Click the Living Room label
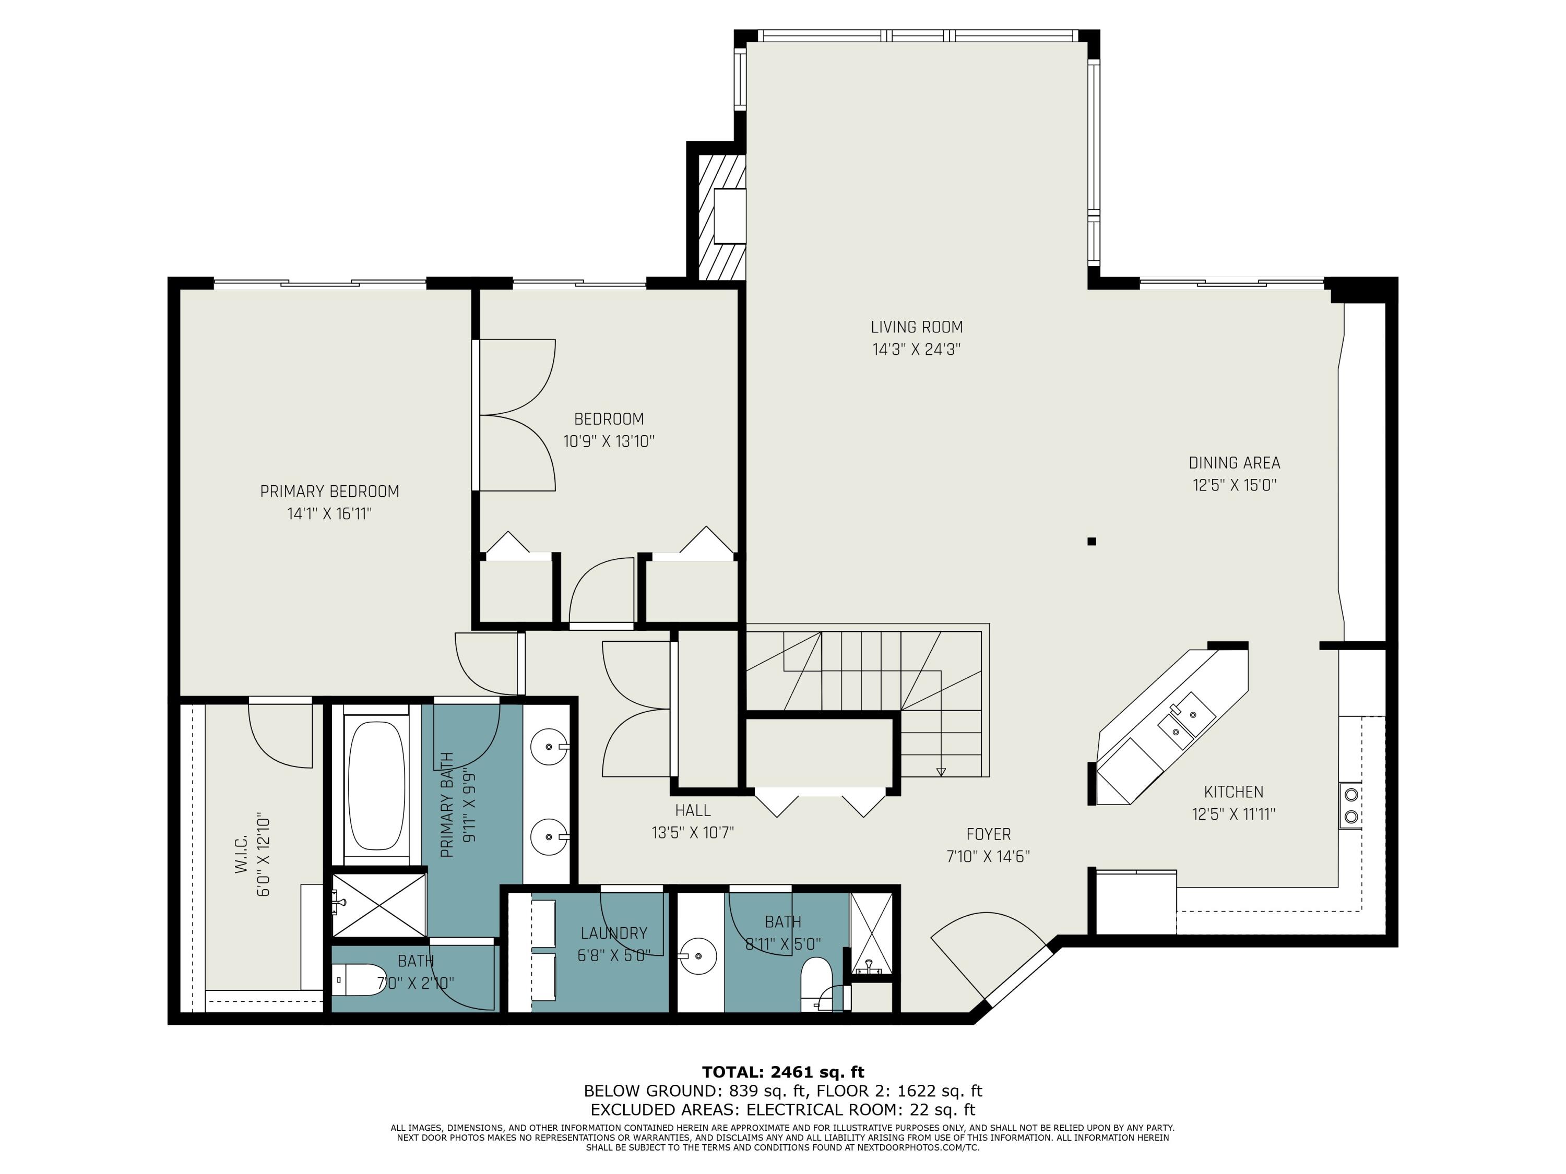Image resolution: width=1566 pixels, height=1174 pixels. click(916, 327)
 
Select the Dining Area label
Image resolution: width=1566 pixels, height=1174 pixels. click(1234, 463)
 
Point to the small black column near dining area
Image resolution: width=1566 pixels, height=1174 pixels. click(1092, 542)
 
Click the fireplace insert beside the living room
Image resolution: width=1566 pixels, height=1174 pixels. click(729, 217)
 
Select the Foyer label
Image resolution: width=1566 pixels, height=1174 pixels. click(988, 834)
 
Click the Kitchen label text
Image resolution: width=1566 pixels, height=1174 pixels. click(1233, 792)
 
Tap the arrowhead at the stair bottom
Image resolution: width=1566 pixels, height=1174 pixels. click(941, 772)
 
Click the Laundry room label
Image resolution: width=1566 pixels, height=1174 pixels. click(614, 933)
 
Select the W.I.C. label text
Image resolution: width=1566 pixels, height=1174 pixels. click(241, 853)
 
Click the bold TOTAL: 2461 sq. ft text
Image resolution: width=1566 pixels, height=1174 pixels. click(782, 1072)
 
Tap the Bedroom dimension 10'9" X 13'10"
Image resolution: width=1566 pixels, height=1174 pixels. click(609, 441)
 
